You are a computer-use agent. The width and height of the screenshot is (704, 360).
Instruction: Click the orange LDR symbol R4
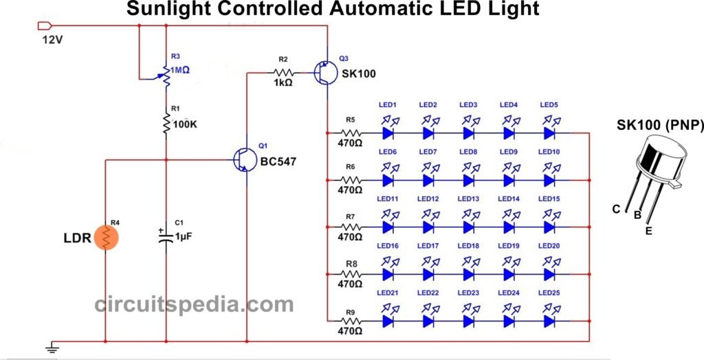click(x=106, y=237)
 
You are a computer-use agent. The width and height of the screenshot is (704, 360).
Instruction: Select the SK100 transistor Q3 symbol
click(x=323, y=73)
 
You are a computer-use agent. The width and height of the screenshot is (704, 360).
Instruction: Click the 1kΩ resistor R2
click(x=283, y=72)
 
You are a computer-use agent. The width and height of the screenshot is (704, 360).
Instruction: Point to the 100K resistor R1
click(x=166, y=124)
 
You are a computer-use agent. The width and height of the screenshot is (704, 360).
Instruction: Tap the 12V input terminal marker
click(x=43, y=26)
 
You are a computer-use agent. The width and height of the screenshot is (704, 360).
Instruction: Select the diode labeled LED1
click(x=388, y=133)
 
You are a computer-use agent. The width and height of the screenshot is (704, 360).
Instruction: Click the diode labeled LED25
click(x=549, y=321)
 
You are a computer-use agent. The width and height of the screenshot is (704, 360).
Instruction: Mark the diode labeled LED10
click(x=549, y=180)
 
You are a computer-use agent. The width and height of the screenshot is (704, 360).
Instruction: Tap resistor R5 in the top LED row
click(x=351, y=133)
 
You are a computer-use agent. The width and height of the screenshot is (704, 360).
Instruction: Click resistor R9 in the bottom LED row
click(x=351, y=321)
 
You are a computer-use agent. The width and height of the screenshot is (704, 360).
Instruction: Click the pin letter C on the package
click(x=617, y=210)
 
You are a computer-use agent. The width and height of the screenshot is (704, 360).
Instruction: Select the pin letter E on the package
click(x=648, y=231)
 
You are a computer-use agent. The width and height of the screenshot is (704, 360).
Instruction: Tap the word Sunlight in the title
click(x=169, y=10)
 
